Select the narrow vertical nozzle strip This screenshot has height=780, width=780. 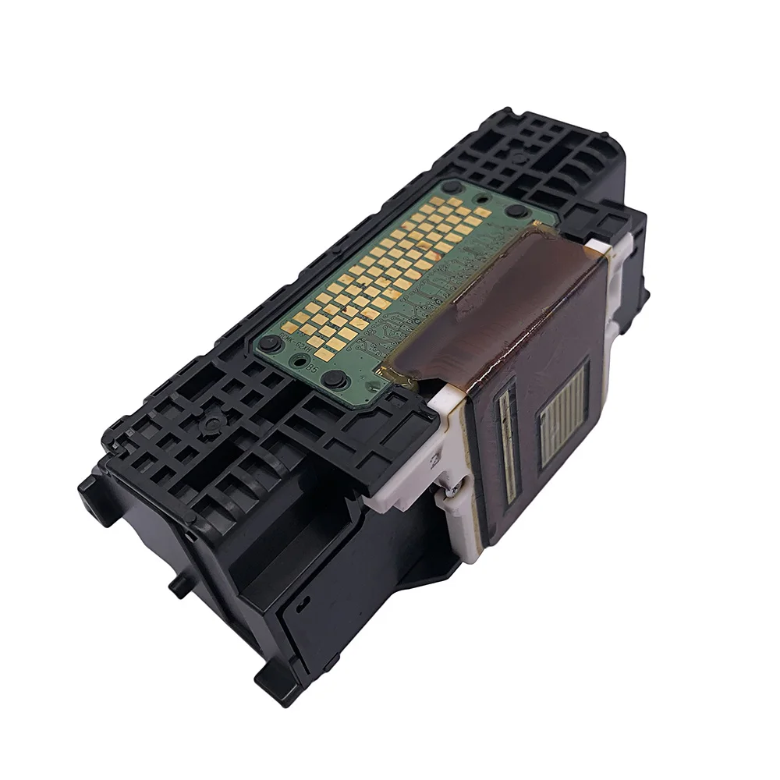point(507,445)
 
